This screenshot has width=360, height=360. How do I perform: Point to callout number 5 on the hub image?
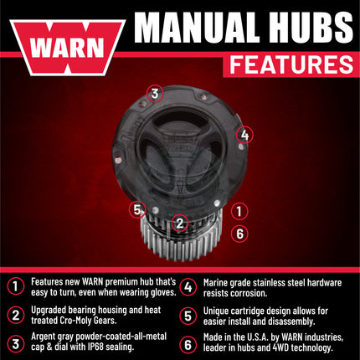(138, 208)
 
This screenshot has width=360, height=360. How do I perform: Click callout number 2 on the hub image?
(179, 223)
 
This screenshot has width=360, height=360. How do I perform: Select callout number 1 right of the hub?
(239, 212)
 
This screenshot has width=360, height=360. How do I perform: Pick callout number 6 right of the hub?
(239, 233)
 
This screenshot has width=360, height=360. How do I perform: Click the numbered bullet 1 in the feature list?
(14, 285)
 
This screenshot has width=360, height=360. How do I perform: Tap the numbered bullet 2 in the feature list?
(14, 316)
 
